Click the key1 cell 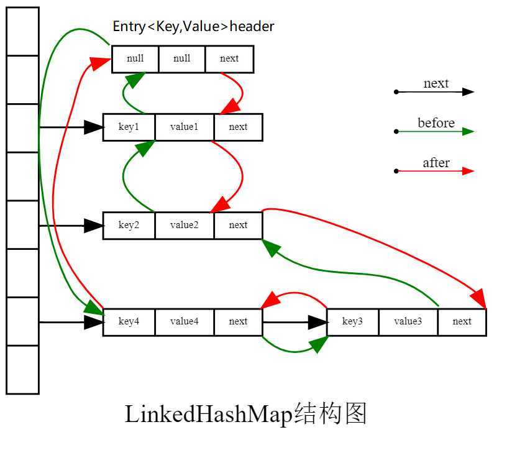[129, 127]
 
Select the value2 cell [184, 225]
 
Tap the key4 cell [129, 321]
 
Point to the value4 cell [184, 321]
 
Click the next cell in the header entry [229, 59]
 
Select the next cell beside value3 [462, 321]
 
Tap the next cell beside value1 [238, 127]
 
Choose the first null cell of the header [135, 59]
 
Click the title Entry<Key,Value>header [193, 27]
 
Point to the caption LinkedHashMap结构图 [246, 414]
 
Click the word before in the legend [436, 123]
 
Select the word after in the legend [436, 163]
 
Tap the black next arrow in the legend [435, 92]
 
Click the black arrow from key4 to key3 [292, 322]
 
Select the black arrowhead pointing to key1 [94, 127]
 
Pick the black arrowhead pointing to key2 [94, 226]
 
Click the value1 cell [184, 127]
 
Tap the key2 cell [129, 225]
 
